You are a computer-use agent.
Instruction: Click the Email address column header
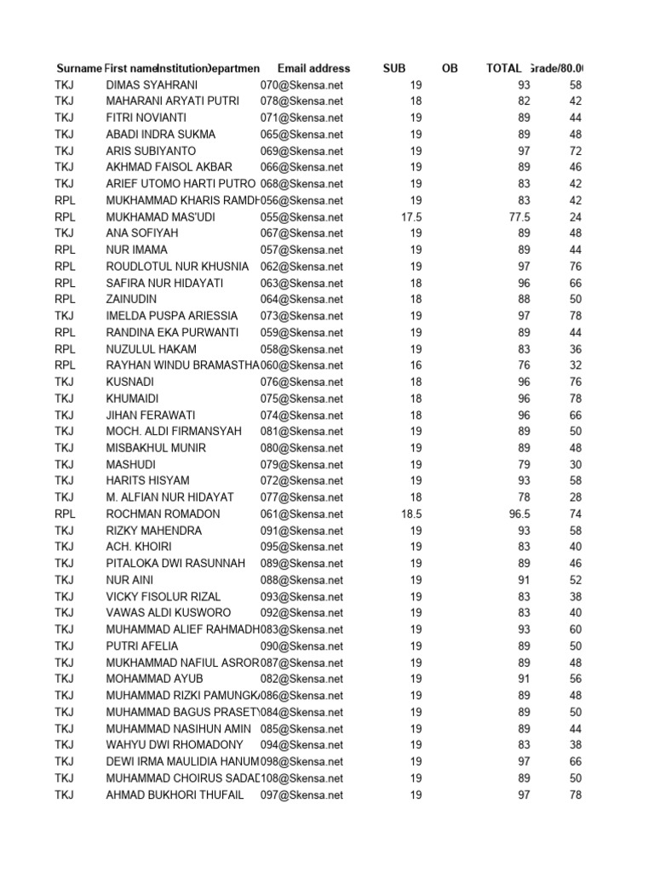click(313, 68)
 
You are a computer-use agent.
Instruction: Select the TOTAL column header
click(503, 68)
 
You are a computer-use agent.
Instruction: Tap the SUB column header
click(394, 68)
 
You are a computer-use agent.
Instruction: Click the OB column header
click(450, 68)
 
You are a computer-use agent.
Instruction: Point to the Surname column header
click(78, 68)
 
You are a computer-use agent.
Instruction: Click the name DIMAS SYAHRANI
click(152, 84)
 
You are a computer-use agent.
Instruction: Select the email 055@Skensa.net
click(301, 217)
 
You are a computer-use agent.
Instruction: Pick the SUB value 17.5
click(411, 217)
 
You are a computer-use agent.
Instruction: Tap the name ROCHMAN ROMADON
click(163, 514)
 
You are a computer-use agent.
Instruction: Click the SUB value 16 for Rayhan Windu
click(416, 365)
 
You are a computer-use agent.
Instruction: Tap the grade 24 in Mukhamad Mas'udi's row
click(576, 217)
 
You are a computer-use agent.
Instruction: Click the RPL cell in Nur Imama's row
click(66, 250)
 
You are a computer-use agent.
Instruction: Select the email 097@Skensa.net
click(301, 795)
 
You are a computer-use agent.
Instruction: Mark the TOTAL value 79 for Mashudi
click(524, 465)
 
